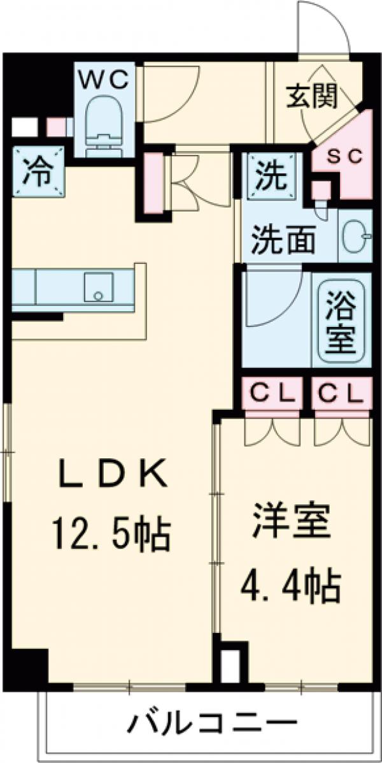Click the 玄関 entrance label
[311, 97]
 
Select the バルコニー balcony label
[214, 723]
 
